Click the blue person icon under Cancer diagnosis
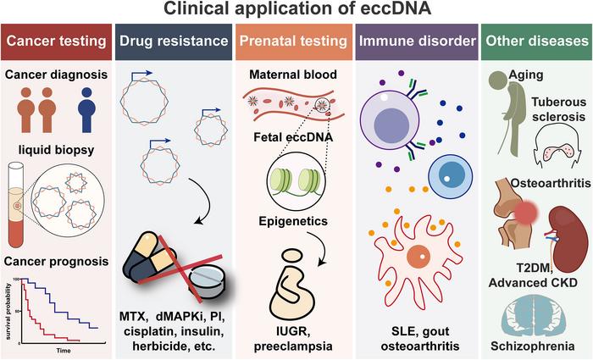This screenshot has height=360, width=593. (86, 109)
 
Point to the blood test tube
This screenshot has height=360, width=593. (16, 205)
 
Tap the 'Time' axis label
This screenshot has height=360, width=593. (64, 351)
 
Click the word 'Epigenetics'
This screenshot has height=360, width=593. (293, 221)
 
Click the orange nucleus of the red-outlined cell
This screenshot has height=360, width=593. (418, 258)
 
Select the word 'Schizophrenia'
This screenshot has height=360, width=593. (533, 346)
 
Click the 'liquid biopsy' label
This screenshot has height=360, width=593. (57, 150)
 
